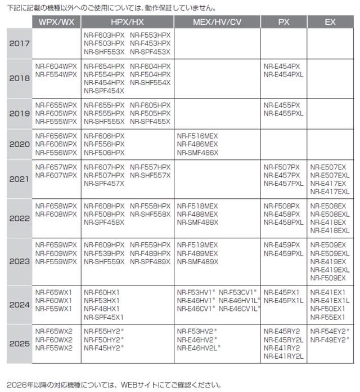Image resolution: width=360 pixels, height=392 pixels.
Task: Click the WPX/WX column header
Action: pyautogui.click(x=56, y=22)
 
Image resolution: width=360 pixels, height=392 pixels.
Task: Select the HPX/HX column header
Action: pyautogui.click(x=127, y=22)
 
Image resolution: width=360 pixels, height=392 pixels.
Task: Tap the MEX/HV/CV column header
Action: pyautogui.click(x=217, y=22)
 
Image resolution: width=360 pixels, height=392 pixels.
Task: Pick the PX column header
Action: pyautogui.click(x=283, y=22)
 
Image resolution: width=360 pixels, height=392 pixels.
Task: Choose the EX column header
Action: pyautogui.click(x=330, y=22)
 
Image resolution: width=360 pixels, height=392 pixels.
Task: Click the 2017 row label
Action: pyautogui.click(x=20, y=43)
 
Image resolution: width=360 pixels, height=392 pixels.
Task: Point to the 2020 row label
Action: pyautogui.click(x=20, y=144)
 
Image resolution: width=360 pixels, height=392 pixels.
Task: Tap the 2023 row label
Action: pyautogui.click(x=20, y=261)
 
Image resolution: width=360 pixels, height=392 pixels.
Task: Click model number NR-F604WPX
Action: pyautogui.click(x=56, y=66)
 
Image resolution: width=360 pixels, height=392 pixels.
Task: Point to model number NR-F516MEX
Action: pyautogui.click(x=197, y=136)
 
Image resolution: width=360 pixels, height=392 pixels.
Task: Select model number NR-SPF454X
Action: pyautogui.click(x=103, y=91)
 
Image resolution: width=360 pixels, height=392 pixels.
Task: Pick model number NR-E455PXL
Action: pyautogui.click(x=283, y=113)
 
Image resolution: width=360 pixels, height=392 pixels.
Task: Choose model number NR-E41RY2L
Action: pyautogui.click(x=283, y=356)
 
